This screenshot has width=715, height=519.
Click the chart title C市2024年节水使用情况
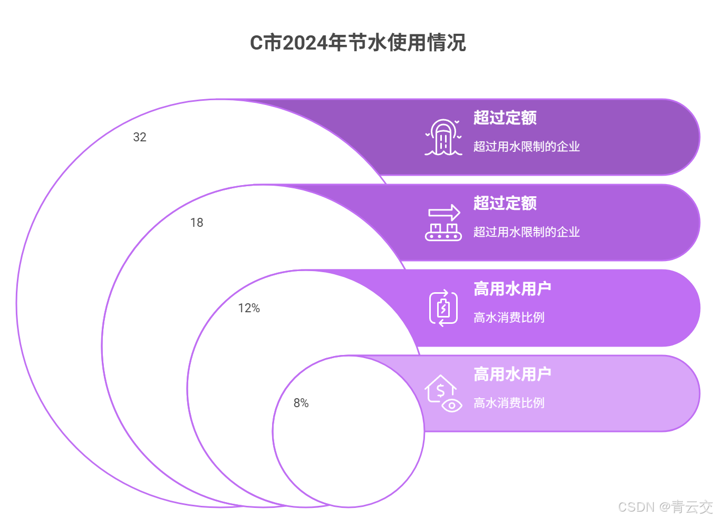pos(357,43)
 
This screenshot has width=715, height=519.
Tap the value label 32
pos(140,137)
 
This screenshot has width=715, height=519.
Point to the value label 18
pos(197,223)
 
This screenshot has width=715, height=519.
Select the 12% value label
pos(249,308)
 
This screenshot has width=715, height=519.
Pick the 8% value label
pos(301,403)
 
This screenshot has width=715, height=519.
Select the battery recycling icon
pos(443,308)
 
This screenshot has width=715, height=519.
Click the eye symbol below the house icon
pos(452,405)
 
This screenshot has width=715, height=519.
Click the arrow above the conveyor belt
pos(444,213)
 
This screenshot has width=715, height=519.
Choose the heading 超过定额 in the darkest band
pos(505,118)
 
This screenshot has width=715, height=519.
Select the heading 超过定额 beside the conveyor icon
pos(505,203)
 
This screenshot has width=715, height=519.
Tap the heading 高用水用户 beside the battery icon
pos(512,289)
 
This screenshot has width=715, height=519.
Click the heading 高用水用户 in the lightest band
pos(512,374)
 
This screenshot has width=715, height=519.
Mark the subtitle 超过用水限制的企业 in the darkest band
pos(526,147)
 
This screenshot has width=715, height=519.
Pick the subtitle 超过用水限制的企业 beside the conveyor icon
pos(526,232)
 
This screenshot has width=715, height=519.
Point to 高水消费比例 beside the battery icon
pos(509,318)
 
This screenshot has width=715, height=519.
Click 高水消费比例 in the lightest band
pos(509,403)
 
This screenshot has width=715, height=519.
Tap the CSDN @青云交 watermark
pos(665,507)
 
